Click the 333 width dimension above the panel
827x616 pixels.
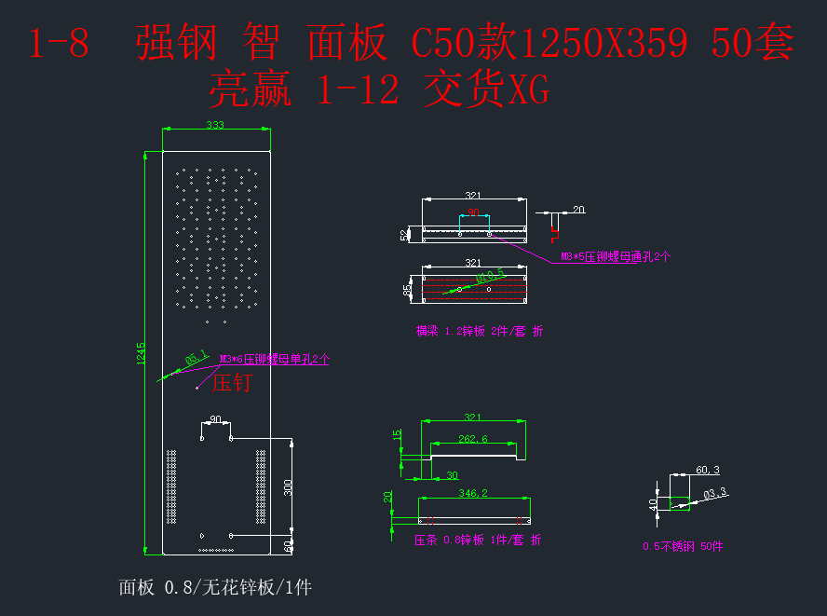click(215, 125)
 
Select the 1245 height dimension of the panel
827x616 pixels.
click(142, 353)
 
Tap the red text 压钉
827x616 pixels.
click(232, 382)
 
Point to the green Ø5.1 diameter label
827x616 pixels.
click(196, 357)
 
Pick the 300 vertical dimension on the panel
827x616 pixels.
click(289, 487)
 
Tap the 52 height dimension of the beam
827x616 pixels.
click(404, 235)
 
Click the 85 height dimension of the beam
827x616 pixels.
click(407, 290)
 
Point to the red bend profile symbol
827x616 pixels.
click(556, 223)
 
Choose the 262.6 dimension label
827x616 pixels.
click(472, 439)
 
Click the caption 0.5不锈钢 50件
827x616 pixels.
click(683, 547)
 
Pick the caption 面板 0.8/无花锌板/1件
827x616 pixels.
click(214, 587)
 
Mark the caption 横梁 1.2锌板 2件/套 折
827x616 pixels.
click(479, 331)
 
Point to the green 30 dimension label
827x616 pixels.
click(452, 476)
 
